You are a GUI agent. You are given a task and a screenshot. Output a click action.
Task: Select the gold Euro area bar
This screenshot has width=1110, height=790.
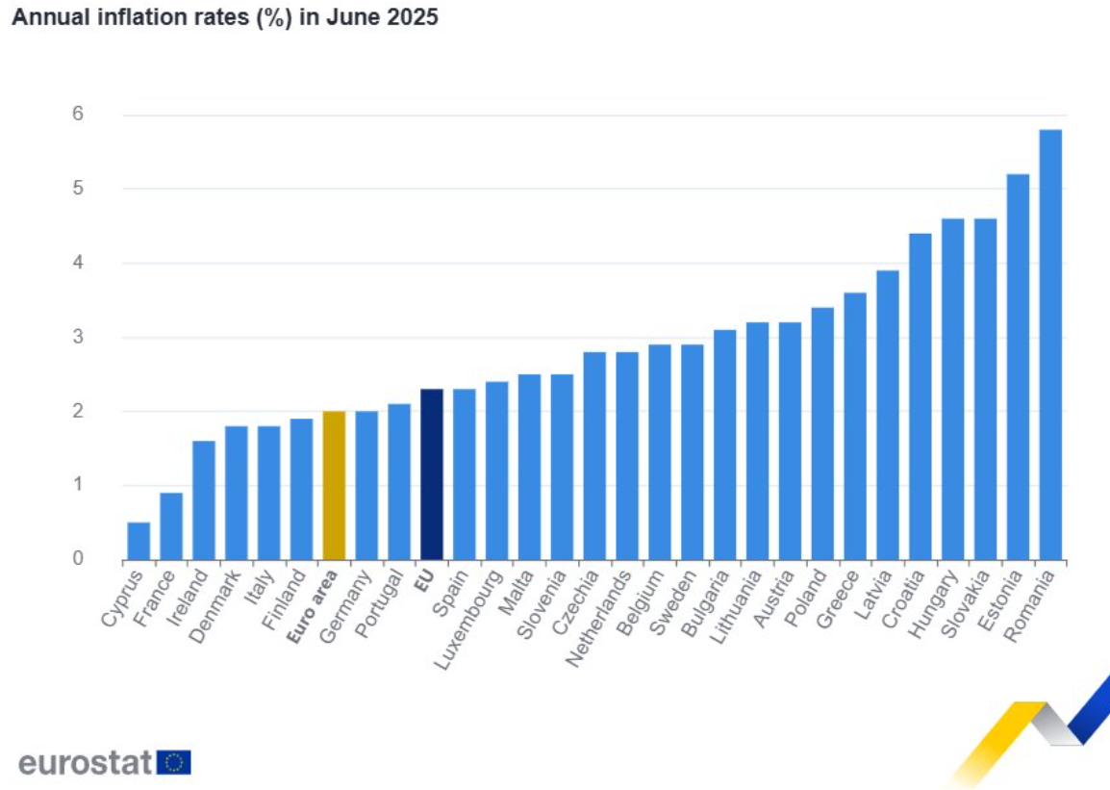click(x=334, y=485)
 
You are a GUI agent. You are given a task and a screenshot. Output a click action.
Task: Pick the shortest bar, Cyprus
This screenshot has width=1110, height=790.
click(x=139, y=541)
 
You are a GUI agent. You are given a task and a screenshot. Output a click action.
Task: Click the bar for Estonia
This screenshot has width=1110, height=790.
click(x=1017, y=367)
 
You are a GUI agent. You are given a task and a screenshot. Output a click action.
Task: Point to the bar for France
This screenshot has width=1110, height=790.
click(x=171, y=525)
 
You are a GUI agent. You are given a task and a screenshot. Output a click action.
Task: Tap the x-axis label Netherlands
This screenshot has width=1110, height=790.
click(x=598, y=620)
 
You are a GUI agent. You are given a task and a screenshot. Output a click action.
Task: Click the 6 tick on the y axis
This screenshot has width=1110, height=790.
click(x=78, y=115)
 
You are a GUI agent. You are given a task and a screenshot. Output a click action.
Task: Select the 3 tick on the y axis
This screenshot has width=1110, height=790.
click(x=78, y=337)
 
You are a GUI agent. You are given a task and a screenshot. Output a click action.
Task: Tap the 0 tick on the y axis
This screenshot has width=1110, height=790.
click(x=78, y=559)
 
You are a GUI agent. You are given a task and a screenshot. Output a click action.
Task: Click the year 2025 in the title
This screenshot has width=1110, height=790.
click(x=413, y=18)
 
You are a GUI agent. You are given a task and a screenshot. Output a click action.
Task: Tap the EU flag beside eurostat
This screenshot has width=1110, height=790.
click(x=174, y=762)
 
